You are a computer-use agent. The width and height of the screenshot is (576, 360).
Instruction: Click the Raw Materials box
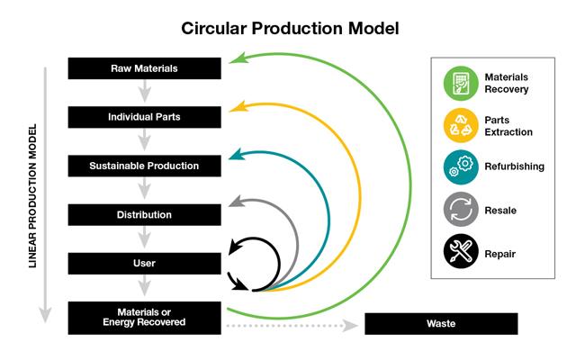click(144, 68)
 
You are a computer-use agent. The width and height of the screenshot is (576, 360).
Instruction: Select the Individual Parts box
click(144, 117)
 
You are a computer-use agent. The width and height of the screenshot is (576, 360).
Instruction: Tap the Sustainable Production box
click(144, 166)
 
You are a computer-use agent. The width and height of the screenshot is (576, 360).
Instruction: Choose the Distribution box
click(144, 215)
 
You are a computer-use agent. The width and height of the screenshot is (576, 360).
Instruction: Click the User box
click(144, 264)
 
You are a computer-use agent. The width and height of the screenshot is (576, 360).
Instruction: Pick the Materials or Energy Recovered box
click(144, 318)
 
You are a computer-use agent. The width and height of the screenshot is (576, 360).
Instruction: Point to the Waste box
click(441, 323)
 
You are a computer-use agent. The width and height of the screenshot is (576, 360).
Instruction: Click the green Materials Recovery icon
click(461, 84)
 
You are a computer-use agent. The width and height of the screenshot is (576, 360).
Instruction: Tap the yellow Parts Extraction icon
click(461, 126)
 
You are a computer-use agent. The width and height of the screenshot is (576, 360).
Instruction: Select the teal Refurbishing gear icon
click(461, 167)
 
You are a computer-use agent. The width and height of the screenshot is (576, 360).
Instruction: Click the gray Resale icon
click(461, 210)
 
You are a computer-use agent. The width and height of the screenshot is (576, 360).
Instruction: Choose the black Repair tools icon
click(461, 252)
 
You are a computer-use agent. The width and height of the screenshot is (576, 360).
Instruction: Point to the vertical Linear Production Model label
click(32, 193)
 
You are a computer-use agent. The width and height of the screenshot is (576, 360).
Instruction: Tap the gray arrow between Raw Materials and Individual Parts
click(144, 93)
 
